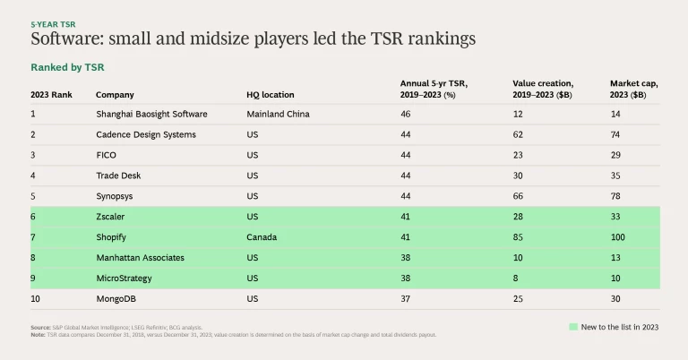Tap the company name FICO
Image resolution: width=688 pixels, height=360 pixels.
pyautogui.click(x=106, y=155)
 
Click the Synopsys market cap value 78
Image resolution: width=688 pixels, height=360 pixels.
pyautogui.click(x=615, y=196)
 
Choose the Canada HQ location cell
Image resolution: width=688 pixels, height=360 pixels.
pyautogui.click(x=262, y=237)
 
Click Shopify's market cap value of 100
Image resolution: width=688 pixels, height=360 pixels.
pyautogui.click(x=618, y=237)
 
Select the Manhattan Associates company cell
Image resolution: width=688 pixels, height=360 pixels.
pyautogui.click(x=140, y=257)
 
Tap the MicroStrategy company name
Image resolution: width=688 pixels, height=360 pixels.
pyautogui.click(x=125, y=278)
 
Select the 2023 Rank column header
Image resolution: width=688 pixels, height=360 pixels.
pyautogui.click(x=50, y=94)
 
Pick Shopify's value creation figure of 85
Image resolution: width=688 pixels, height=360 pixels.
pyautogui.click(x=518, y=237)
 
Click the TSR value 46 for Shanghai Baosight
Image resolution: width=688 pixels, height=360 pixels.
pyautogui.click(x=405, y=114)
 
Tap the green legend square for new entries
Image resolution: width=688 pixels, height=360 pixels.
pyautogui.click(x=573, y=327)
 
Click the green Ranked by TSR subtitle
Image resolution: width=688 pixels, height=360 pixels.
pyautogui.click(x=68, y=67)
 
